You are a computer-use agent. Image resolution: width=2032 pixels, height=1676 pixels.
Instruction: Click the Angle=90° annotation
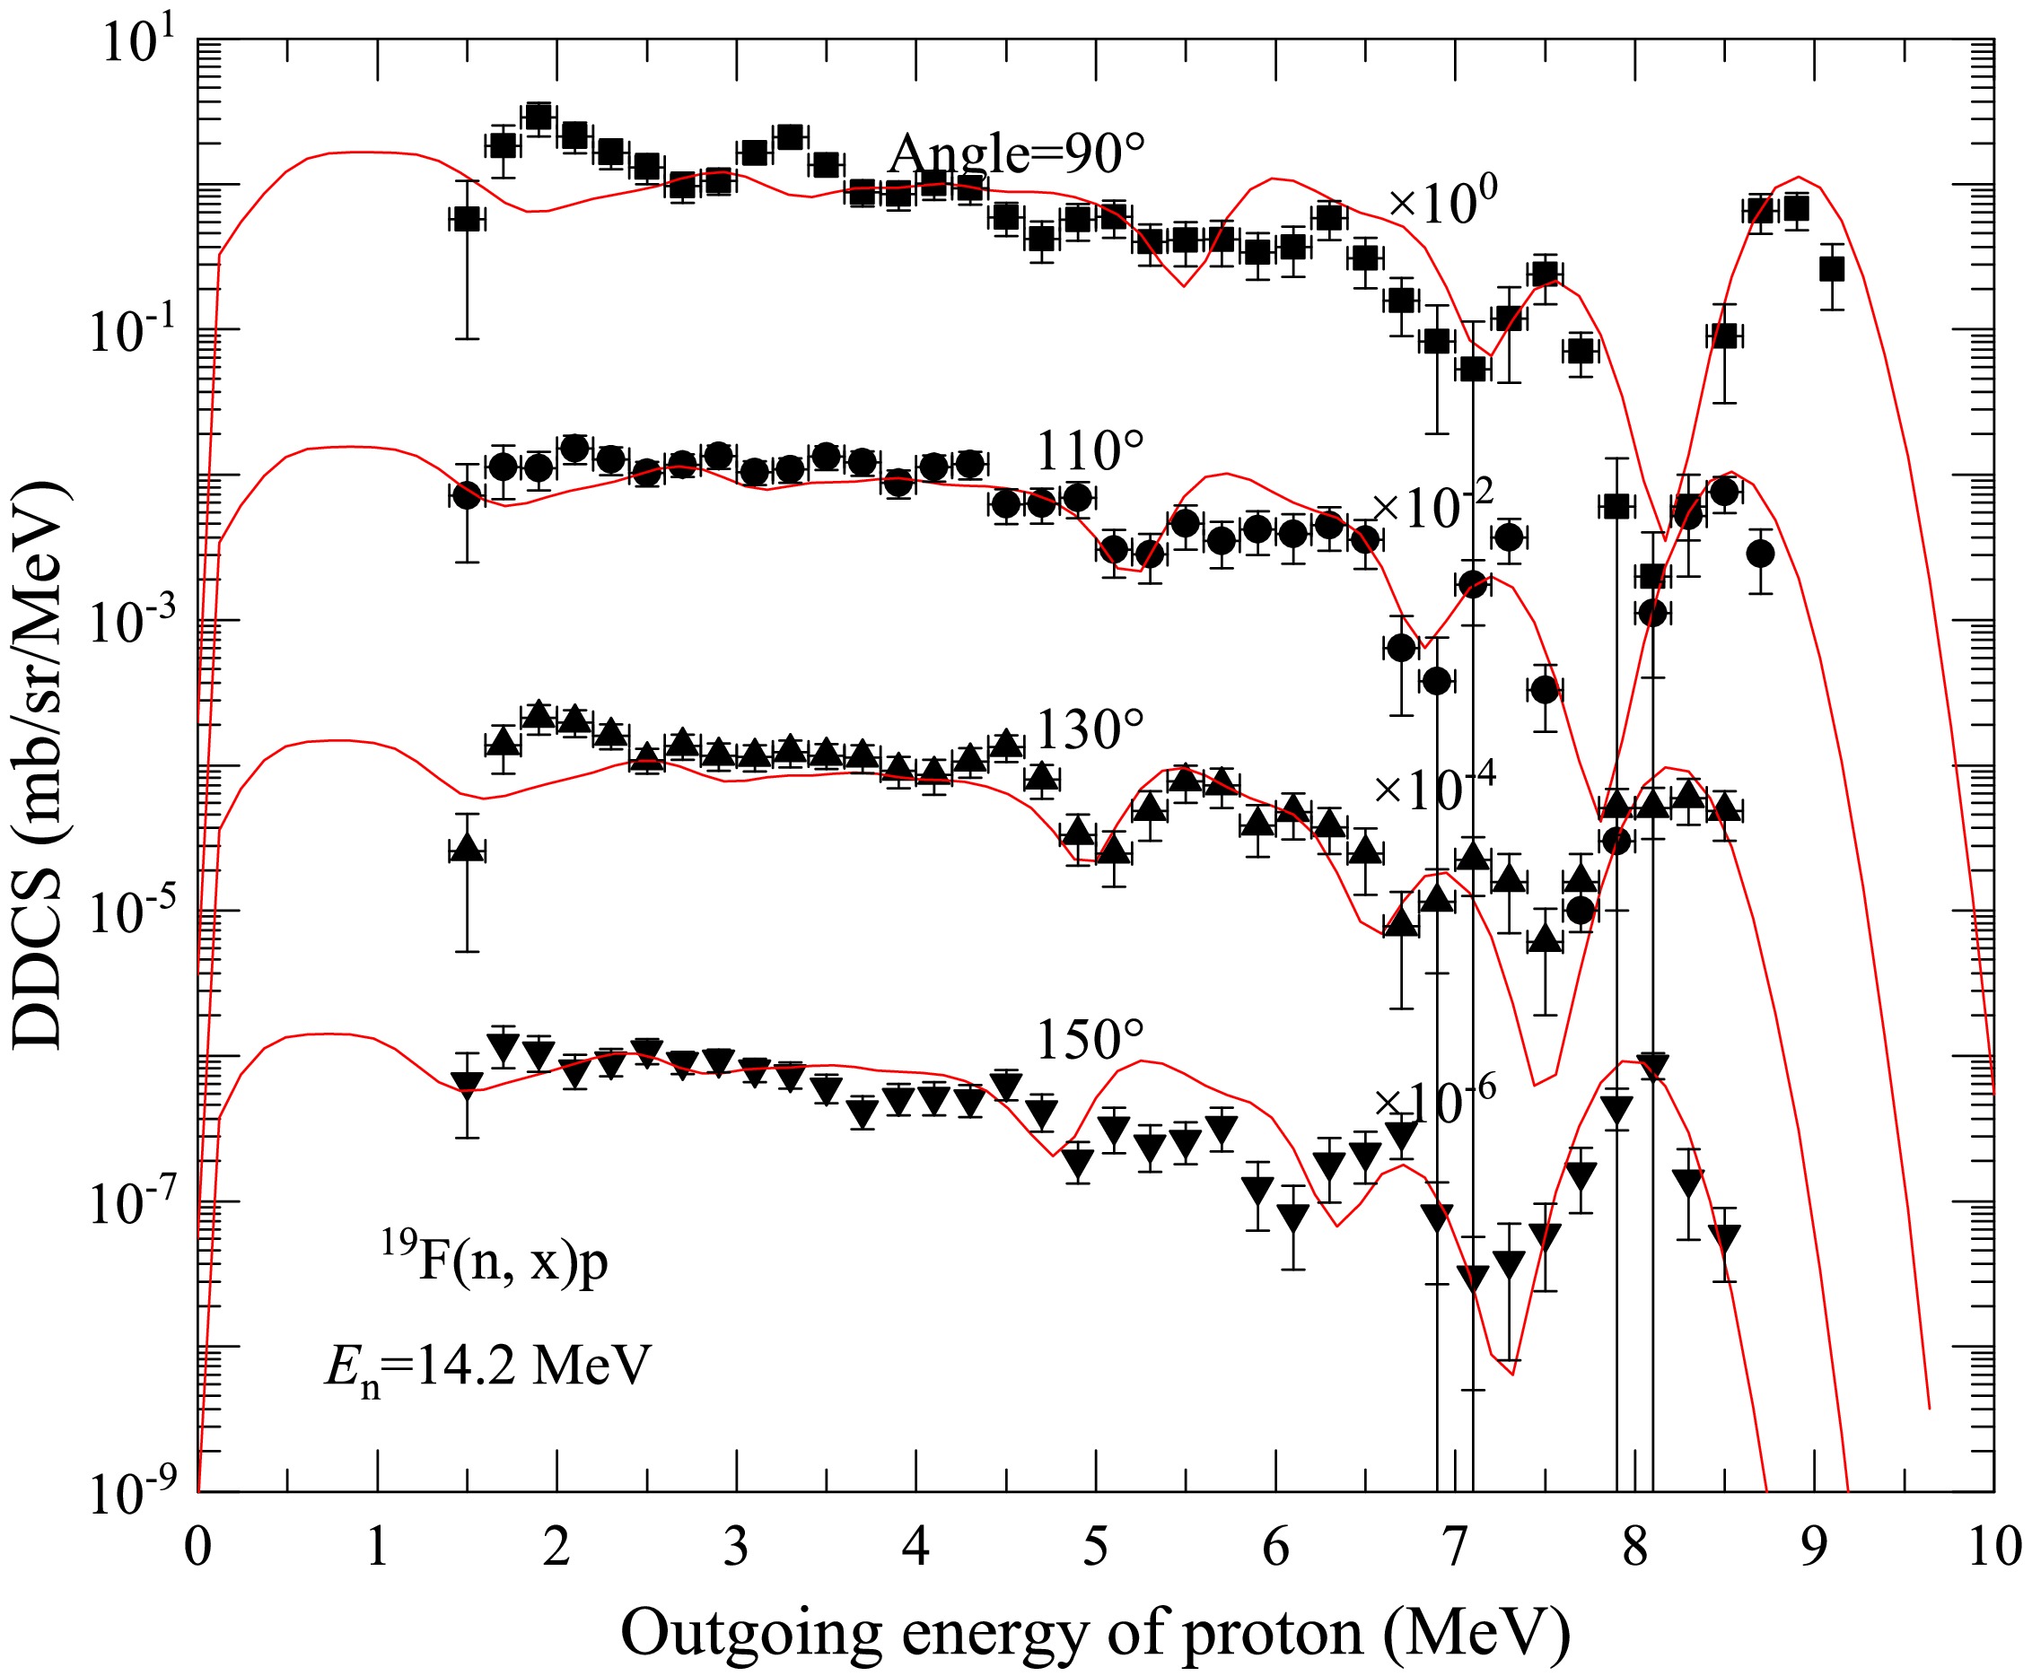(1017, 154)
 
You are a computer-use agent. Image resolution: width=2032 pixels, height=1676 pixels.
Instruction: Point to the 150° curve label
(1090, 1041)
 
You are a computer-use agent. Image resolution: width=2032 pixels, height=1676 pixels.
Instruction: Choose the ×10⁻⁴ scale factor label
(1434, 787)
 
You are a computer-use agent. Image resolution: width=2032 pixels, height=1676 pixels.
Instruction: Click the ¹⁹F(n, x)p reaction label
(494, 1261)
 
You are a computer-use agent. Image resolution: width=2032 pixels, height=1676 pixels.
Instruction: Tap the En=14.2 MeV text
(486, 1367)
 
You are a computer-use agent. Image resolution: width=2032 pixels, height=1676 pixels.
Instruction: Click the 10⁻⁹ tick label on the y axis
(130, 1495)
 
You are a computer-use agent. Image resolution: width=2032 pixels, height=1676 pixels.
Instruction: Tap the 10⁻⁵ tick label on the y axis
(130, 913)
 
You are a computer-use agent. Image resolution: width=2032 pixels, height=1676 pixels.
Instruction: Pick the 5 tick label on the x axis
(1095, 1547)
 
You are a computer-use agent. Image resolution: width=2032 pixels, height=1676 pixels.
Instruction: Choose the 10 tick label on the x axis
(1993, 1547)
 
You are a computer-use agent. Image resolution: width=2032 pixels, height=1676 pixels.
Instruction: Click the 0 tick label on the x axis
(198, 1547)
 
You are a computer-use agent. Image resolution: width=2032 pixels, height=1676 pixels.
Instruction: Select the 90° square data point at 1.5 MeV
(467, 220)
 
